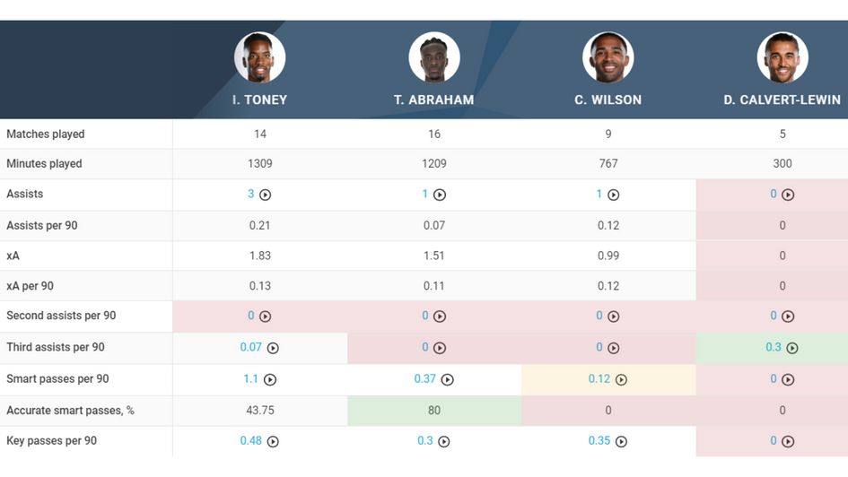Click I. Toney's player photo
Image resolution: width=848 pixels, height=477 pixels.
tap(260, 58)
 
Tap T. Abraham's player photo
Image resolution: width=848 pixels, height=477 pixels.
tap(434, 58)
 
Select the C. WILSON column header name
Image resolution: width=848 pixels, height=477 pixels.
tap(608, 100)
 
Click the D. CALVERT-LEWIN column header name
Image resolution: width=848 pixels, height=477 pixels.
tap(782, 100)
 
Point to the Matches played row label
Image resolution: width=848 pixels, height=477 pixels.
tap(46, 134)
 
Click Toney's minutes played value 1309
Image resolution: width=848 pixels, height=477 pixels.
tap(260, 164)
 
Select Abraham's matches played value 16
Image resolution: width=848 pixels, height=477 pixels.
tap(434, 134)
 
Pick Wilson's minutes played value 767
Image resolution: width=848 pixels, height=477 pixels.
tap(608, 164)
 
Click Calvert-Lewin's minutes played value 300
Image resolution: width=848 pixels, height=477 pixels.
tap(782, 164)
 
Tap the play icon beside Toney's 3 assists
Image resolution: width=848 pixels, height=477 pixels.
tap(266, 195)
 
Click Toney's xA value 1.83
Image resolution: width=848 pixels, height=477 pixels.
tap(260, 256)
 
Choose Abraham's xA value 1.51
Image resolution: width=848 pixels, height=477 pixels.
tap(434, 256)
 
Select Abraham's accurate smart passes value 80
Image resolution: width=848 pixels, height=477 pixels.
tap(434, 411)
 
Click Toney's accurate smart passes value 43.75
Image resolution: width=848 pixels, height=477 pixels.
tap(260, 411)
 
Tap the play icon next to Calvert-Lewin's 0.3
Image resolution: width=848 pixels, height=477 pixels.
tap(792, 348)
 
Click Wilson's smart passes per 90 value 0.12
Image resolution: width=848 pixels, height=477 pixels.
tap(599, 379)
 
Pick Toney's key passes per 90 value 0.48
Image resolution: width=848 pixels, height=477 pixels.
tap(251, 441)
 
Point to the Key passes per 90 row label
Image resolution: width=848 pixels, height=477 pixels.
tap(51, 441)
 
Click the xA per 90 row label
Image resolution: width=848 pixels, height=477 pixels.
tap(30, 286)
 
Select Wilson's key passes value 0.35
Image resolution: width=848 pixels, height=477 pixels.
tap(599, 441)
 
